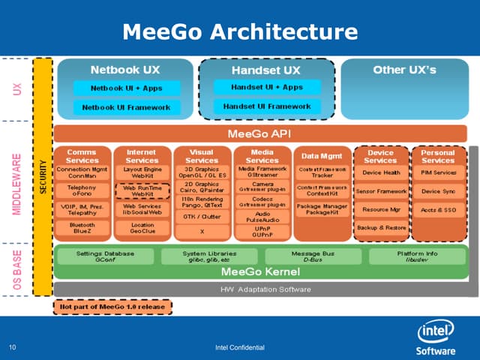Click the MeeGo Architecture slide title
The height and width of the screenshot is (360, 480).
[x=240, y=31]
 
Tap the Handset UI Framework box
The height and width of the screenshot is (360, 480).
[x=267, y=106]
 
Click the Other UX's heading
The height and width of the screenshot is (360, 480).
[x=404, y=69]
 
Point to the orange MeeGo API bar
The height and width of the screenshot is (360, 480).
[x=259, y=133]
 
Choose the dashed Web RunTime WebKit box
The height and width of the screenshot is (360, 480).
[x=142, y=190]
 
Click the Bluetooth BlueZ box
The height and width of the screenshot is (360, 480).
[x=82, y=228]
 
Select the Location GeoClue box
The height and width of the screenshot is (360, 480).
[x=142, y=228]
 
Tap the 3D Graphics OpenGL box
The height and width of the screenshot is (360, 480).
[x=201, y=173]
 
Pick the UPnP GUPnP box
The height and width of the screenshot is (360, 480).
[x=262, y=231]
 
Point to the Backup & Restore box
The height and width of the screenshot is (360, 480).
[x=381, y=227]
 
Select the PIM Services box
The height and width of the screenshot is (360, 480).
[x=439, y=173]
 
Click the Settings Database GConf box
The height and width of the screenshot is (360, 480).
[x=106, y=256]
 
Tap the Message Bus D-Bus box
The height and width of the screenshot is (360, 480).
[x=313, y=256]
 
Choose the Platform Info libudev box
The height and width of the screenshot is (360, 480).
[x=418, y=256]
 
